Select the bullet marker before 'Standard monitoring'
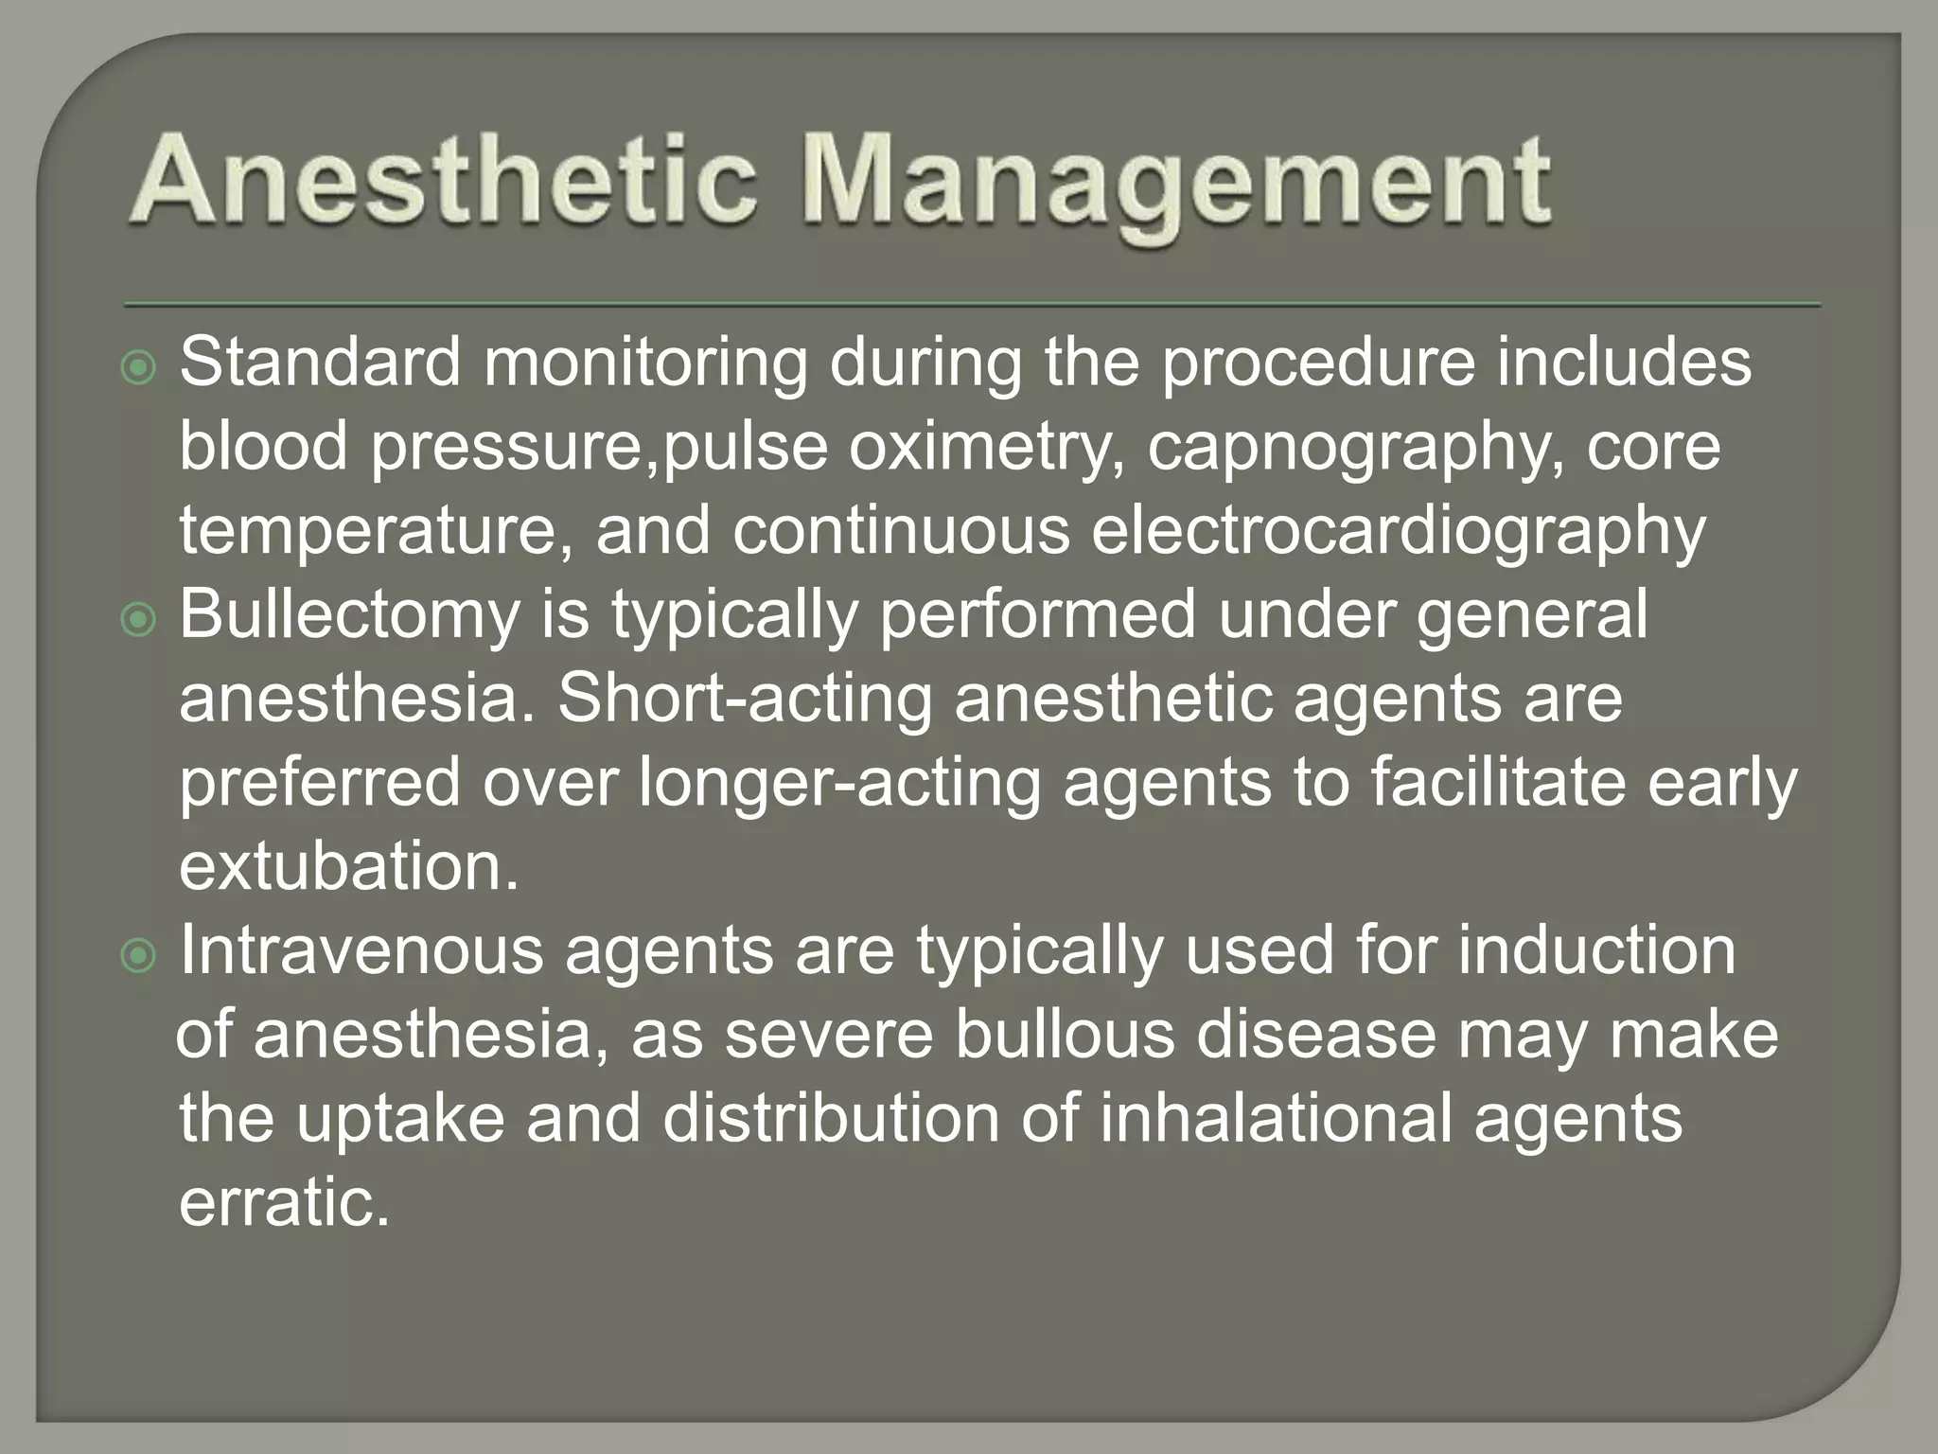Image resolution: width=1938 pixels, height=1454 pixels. (139, 366)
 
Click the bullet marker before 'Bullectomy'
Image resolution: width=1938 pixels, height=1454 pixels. (139, 620)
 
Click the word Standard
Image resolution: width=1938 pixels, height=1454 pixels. (320, 363)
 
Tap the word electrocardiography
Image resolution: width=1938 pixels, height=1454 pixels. (1399, 530)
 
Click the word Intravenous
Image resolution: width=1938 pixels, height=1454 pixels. (361, 950)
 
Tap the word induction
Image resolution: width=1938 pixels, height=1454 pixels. (1596, 950)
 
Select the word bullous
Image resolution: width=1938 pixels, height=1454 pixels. (1065, 1035)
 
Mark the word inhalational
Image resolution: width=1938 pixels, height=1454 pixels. (1275, 1119)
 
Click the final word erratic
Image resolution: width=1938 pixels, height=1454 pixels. (283, 1203)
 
